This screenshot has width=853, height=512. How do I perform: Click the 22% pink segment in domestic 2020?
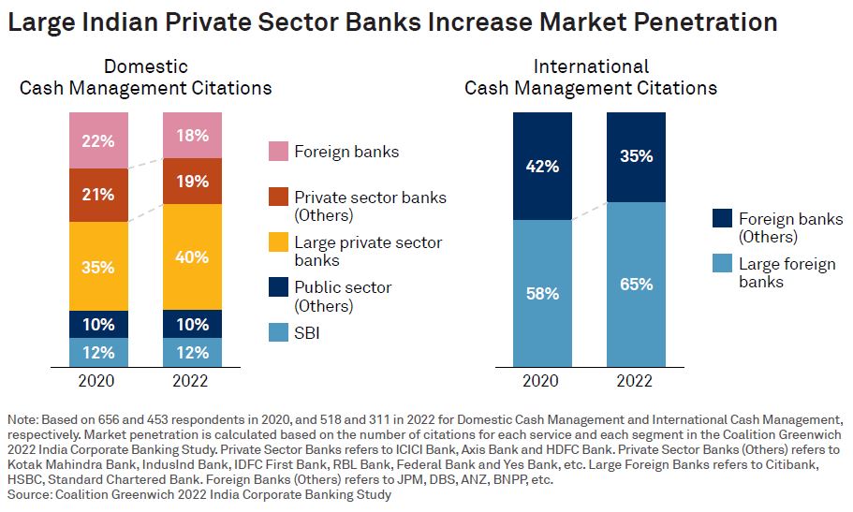(x=98, y=140)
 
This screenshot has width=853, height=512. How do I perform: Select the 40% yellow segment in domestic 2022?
(x=192, y=256)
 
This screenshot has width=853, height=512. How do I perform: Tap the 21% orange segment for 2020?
(x=98, y=195)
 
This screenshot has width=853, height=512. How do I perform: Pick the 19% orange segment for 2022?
(x=192, y=182)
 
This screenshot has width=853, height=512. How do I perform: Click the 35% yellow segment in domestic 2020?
(x=98, y=267)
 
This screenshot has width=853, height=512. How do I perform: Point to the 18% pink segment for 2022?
(x=192, y=135)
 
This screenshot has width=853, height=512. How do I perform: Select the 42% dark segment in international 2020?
(x=542, y=166)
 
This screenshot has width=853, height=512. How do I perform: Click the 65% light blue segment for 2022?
(x=636, y=285)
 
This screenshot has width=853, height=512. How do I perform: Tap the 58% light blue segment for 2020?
(x=542, y=293)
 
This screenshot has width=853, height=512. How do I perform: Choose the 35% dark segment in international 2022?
(x=636, y=156)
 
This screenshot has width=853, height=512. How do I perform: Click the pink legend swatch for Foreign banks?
(x=278, y=152)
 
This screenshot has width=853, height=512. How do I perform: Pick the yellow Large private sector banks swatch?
(x=278, y=243)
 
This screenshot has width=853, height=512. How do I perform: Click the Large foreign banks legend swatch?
(x=723, y=264)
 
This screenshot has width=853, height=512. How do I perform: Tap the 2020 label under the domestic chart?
(x=98, y=381)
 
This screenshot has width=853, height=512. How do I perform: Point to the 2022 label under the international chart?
(x=636, y=381)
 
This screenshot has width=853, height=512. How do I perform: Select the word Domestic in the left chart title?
(x=146, y=66)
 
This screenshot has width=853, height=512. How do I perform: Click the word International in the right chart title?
(x=591, y=66)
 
